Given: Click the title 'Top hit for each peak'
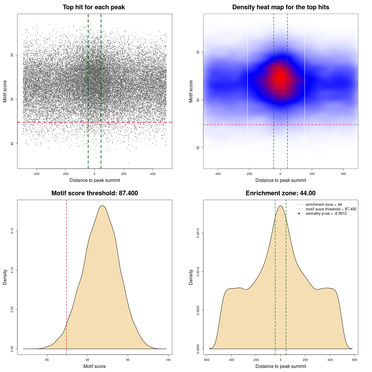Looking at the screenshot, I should click(94, 7).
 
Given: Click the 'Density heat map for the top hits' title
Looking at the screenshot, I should click(280, 7).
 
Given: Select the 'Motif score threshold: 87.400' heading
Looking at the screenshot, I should click(94, 193).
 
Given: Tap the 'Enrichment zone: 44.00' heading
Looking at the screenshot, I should click(280, 193).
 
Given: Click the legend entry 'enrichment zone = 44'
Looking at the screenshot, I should click(323, 205).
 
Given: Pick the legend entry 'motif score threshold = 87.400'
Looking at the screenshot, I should click(331, 209).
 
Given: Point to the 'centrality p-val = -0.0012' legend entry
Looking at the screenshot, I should click(326, 214).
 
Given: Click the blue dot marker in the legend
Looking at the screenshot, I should click(299, 214).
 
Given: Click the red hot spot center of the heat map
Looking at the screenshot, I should click(280, 77).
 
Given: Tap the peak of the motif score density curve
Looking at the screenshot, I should click(102, 206).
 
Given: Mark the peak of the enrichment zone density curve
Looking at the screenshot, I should click(280, 206).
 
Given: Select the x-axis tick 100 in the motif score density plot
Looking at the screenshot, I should click(168, 360).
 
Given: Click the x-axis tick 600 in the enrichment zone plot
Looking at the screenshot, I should click(355, 360).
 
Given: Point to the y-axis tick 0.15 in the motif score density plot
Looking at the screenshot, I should click(12, 231).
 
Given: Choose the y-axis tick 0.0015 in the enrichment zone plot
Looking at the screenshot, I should click(198, 233).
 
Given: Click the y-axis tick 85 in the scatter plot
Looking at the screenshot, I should click(12, 143).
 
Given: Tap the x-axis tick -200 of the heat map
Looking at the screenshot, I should click(249, 174).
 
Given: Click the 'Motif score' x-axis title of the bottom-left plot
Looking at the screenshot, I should click(94, 366).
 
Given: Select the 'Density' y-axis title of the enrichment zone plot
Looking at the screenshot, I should click(191, 277).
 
